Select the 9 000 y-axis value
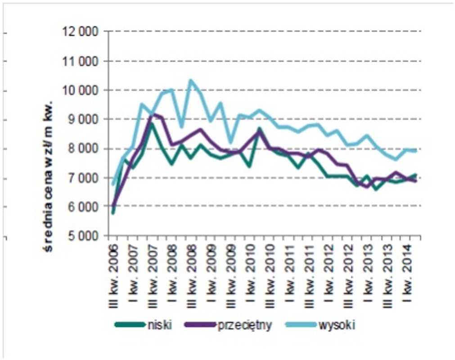[85, 119]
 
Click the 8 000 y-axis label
[85, 148]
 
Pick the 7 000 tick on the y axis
[85, 178]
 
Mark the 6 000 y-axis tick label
[85, 207]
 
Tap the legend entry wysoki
[337, 325]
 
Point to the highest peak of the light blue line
[191, 81]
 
